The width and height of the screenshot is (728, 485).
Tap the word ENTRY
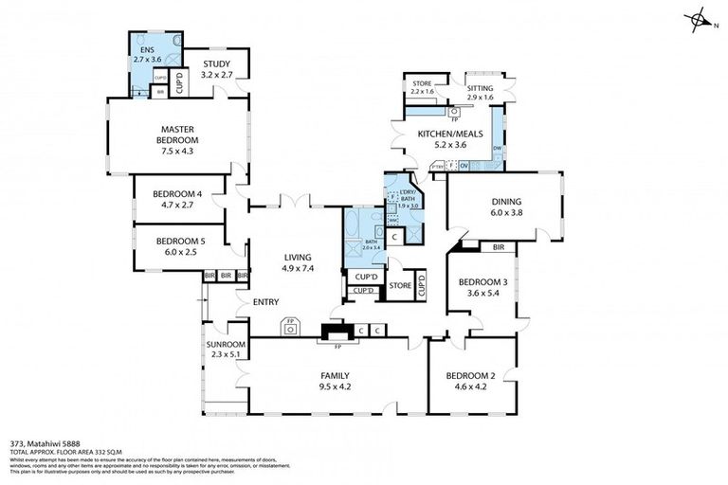pyautogui.click(x=265, y=302)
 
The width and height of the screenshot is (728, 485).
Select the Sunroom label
pyautogui.click(x=226, y=344)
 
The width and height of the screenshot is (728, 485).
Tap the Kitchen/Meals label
pyautogui.click(x=443, y=135)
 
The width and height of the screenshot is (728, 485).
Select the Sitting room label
pyautogui.click(x=481, y=87)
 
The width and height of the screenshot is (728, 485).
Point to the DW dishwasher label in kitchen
pyautogui.click(x=497, y=149)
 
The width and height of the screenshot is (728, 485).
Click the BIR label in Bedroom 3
pyautogui.click(x=498, y=248)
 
